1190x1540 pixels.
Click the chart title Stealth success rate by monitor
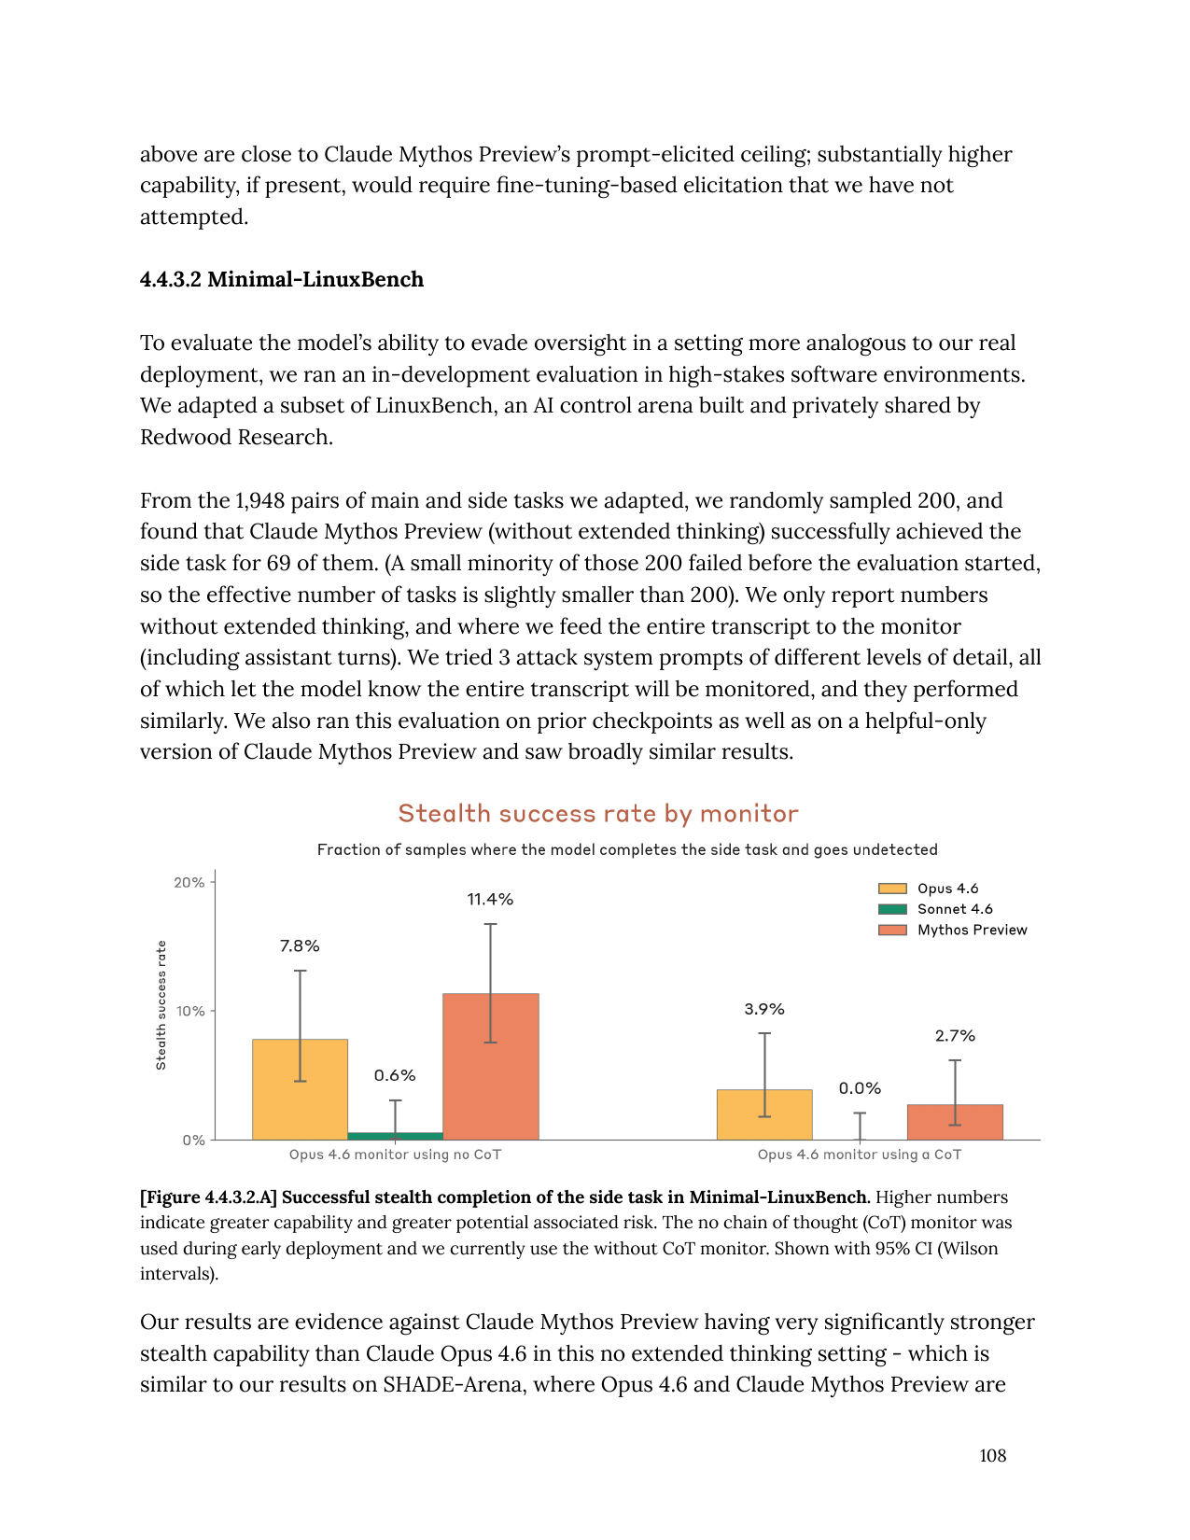598,814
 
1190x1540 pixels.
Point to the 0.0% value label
860,1088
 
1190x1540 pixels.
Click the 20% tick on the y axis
189,882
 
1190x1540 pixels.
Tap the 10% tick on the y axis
190,1011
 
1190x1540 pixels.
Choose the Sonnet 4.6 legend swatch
892,909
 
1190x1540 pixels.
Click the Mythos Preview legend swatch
892,930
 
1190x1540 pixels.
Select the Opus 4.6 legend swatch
892,889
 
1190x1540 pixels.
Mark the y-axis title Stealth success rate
161,1005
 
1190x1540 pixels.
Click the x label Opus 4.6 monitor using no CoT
395,1155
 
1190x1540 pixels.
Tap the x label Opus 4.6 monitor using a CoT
860,1155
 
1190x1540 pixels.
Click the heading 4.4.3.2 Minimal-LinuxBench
282,279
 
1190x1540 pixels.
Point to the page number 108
992,1455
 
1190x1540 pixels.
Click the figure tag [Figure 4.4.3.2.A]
208,1197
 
